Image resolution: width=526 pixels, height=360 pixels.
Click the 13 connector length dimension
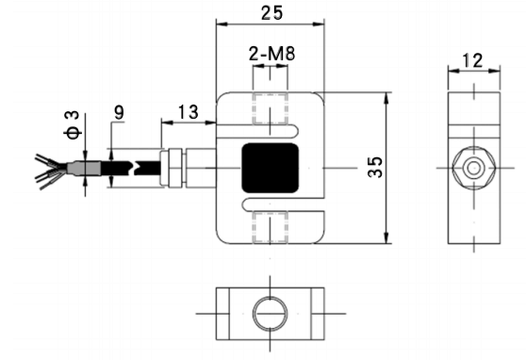188,112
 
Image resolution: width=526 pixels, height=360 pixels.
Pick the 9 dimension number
119,112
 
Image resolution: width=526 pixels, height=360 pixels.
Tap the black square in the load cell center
271,168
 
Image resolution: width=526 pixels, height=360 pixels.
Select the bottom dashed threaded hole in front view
271,227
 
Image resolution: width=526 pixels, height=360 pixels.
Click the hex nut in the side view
471,167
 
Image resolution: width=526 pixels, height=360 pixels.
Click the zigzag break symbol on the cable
140,167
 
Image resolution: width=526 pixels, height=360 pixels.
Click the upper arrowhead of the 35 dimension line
387,95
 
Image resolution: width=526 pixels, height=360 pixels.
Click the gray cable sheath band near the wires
80,167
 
